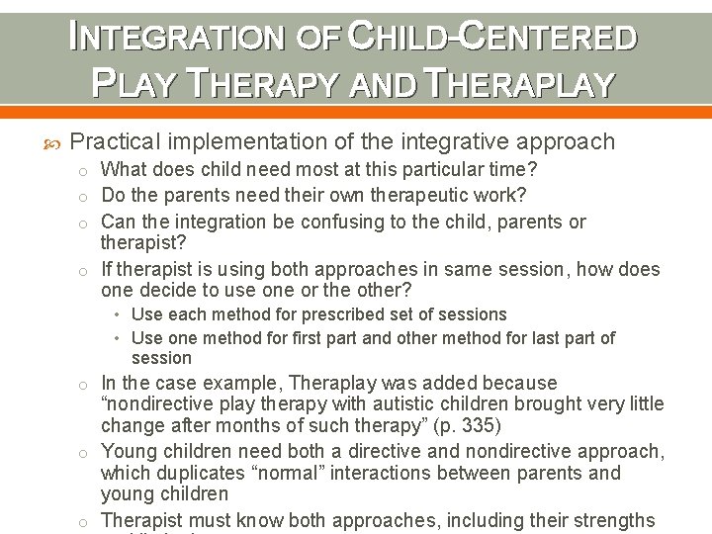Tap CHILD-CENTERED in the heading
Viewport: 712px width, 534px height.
pyautogui.click(x=490, y=37)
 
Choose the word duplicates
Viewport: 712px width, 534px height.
pyautogui.click(x=192, y=473)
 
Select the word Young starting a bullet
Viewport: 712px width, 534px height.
pyautogui.click(x=127, y=451)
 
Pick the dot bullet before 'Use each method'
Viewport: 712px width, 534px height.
pyautogui.click(x=118, y=314)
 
